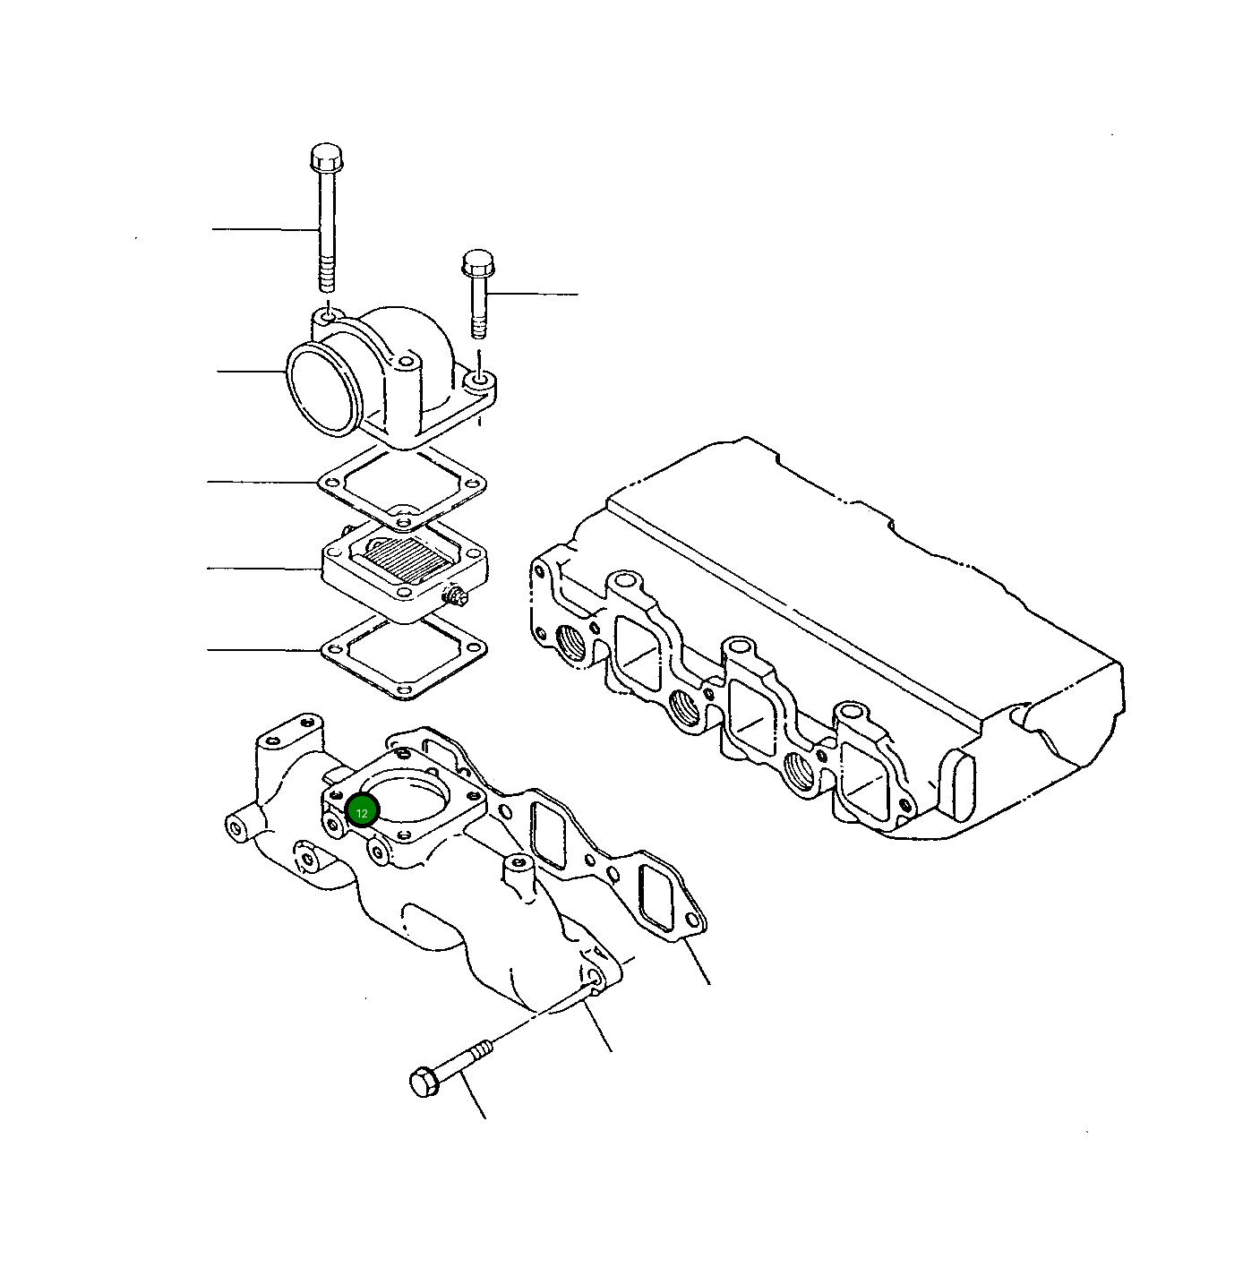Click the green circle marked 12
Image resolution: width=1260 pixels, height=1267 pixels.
(x=363, y=812)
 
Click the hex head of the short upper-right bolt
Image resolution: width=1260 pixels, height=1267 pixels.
(x=477, y=263)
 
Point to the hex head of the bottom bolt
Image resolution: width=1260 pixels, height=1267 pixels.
(x=423, y=1082)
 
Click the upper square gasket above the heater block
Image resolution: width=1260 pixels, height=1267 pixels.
(x=403, y=487)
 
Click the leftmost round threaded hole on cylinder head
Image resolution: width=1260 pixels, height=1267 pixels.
(x=570, y=641)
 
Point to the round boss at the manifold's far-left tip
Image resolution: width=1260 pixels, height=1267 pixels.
(x=237, y=826)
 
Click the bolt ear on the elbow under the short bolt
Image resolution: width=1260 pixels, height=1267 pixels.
(x=481, y=383)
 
